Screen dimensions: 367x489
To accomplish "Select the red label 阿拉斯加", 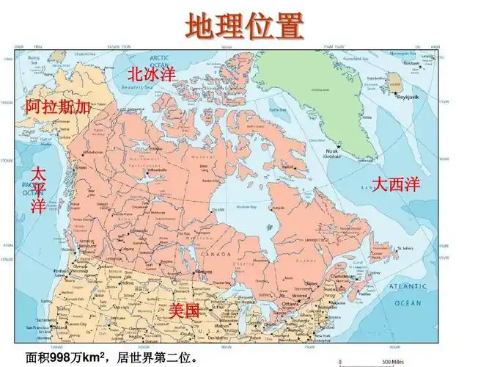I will click(x=58, y=107).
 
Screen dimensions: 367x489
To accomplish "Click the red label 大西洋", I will click(x=396, y=184).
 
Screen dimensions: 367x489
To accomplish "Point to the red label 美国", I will click(x=184, y=310).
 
